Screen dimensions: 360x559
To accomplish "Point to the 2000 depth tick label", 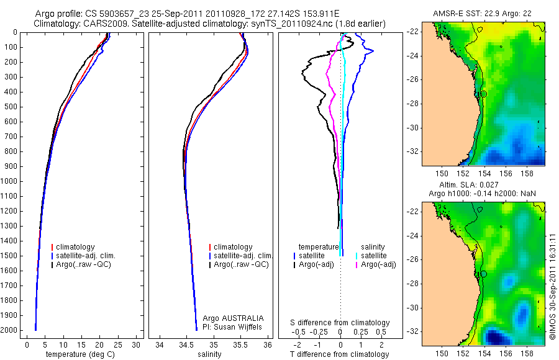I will pyautogui.click(x=9, y=331).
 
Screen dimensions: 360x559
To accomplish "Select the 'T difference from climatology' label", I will pyautogui.click(x=340, y=354).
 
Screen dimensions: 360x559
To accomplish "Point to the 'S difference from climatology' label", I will pyautogui.click(x=340, y=323).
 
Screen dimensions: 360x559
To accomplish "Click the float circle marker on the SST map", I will pyautogui.click(x=483, y=94).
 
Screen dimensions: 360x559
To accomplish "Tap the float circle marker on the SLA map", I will pyautogui.click(x=483, y=274).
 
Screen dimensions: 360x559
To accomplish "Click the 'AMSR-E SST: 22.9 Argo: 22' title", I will pyautogui.click(x=483, y=14).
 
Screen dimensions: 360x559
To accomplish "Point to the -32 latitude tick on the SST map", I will pyautogui.click(x=414, y=151).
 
